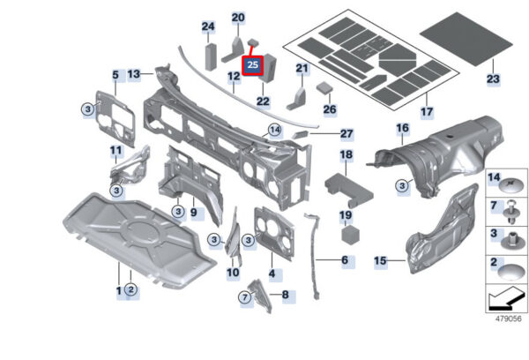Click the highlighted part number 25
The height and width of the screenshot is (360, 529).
tap(253, 65)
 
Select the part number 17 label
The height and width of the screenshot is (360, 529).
tap(426, 112)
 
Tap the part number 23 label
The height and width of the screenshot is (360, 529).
tap(492, 79)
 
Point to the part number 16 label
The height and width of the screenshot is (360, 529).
tap(402, 129)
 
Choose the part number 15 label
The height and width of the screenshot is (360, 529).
tap(380, 261)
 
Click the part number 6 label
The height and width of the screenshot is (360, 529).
tap(345, 260)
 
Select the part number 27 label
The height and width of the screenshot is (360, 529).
tap(346, 134)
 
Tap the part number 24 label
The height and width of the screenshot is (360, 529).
tap(208, 26)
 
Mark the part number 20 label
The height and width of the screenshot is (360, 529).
tap(239, 18)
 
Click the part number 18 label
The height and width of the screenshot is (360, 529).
tap(346, 155)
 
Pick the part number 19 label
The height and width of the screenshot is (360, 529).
tap(346, 214)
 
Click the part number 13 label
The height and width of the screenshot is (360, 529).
tap(134, 75)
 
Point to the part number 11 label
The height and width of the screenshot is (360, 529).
tap(115, 150)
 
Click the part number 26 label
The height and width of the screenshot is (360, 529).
tap(329, 110)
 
